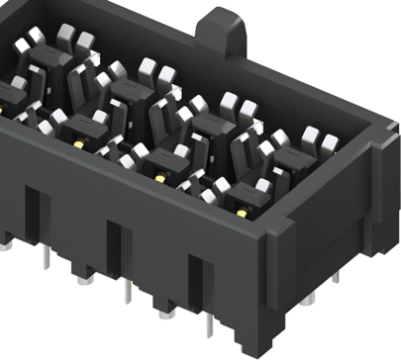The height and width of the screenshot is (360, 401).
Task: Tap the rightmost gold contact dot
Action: coord(241,212)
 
